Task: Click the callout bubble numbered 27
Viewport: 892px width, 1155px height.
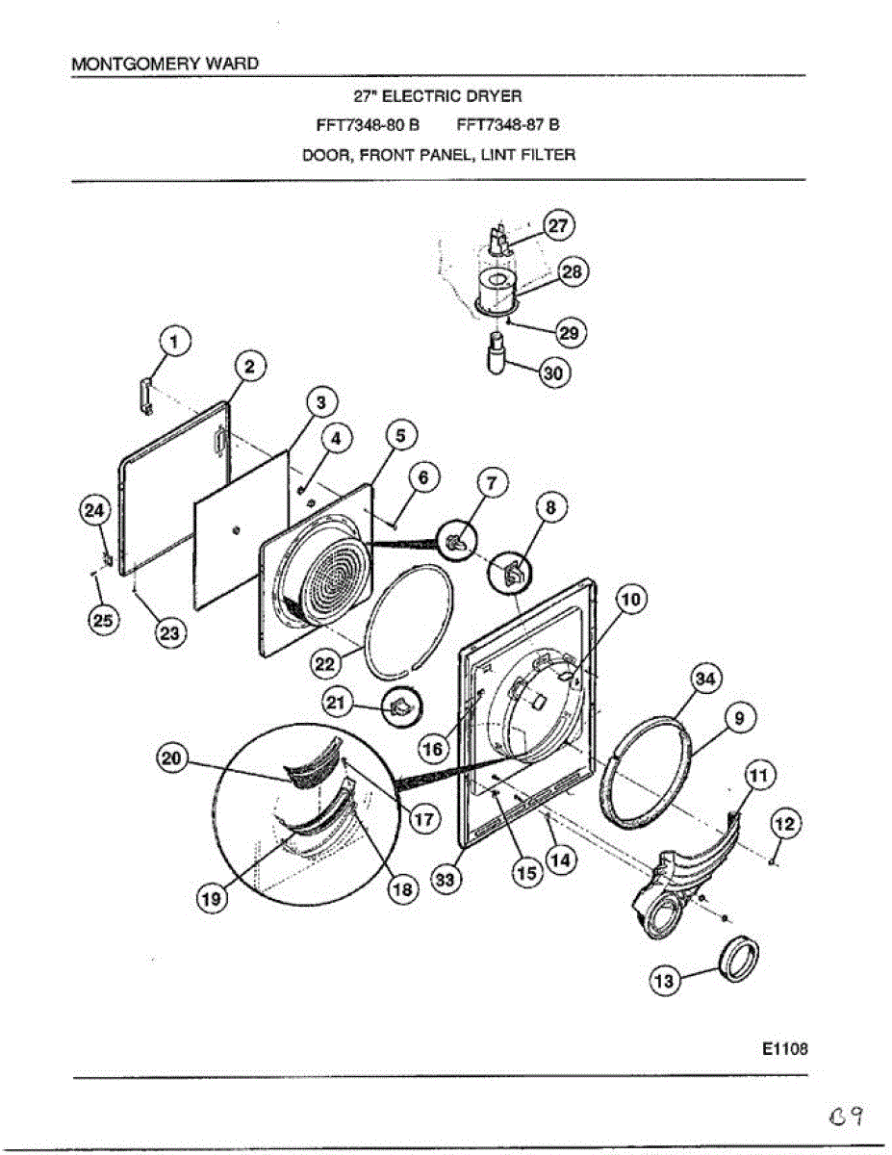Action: (558, 225)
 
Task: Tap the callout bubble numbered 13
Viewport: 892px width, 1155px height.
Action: (665, 981)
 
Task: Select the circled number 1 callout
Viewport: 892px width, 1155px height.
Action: (174, 339)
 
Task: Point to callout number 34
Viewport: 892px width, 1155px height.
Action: (706, 680)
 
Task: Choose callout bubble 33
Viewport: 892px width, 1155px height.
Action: (446, 880)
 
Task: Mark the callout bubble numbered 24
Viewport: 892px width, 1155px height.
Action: (94, 512)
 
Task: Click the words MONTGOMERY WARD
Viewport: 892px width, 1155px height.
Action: (166, 64)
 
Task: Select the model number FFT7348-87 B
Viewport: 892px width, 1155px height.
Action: (508, 124)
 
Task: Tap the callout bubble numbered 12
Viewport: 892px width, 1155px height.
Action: (785, 823)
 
